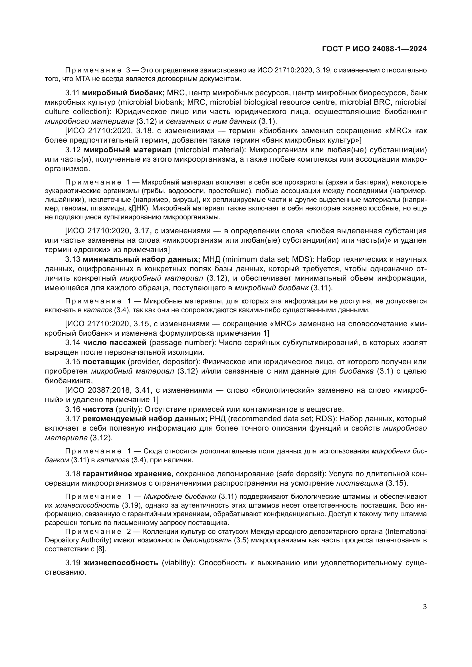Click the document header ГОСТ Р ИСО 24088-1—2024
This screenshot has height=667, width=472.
click(374, 49)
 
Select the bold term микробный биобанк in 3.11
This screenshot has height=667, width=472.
click(123, 93)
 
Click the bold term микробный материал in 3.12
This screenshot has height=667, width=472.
click(128, 150)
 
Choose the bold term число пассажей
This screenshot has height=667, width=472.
click(115, 343)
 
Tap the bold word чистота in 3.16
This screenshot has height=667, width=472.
click(98, 409)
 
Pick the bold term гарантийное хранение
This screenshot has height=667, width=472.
click(128, 474)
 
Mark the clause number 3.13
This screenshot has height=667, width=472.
click(73, 259)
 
